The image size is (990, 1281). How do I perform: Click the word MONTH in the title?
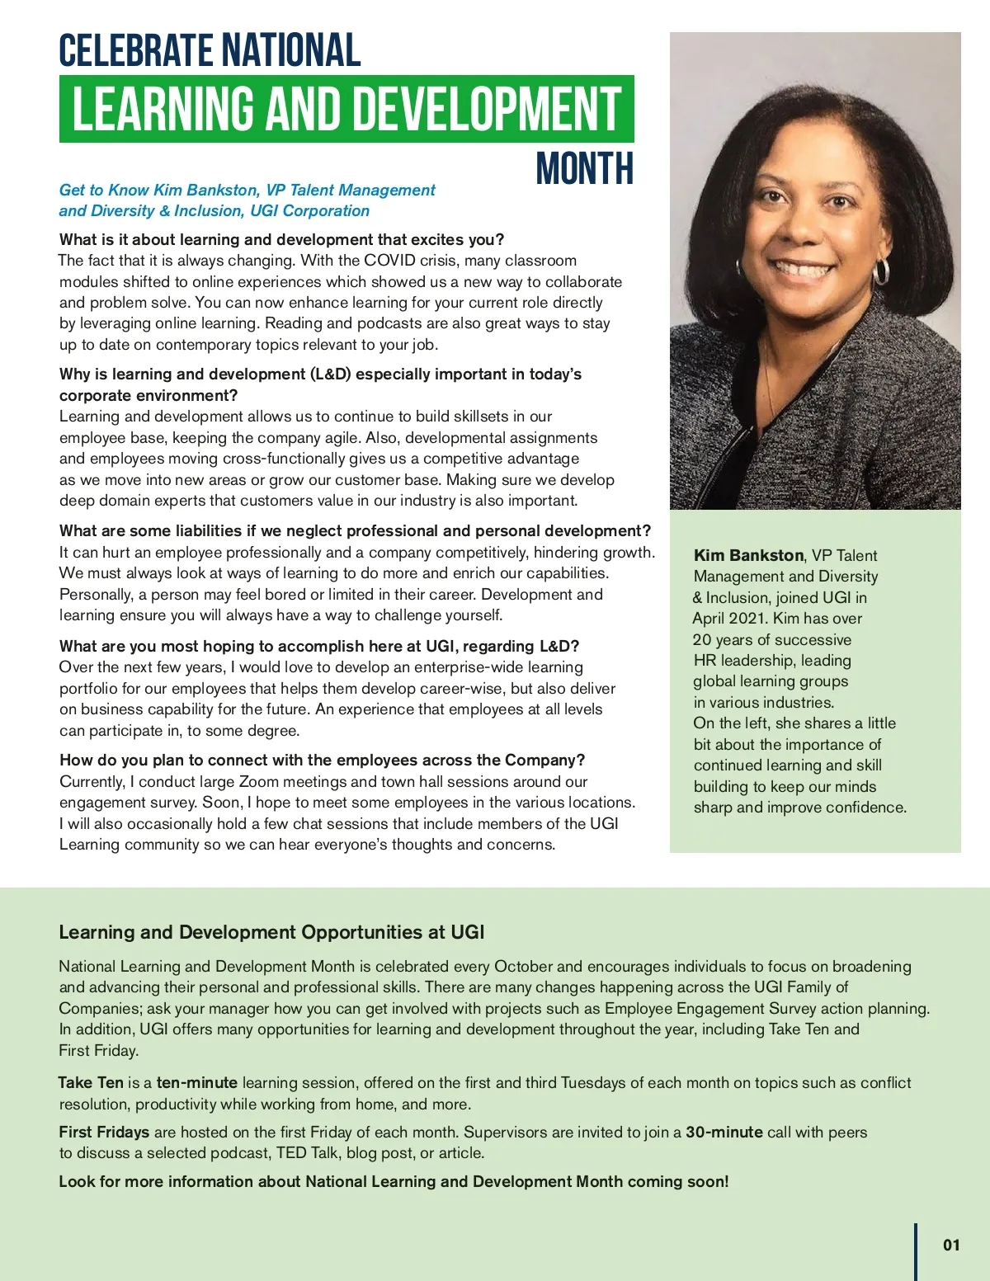click(584, 169)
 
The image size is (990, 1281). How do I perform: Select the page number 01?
click(951, 1245)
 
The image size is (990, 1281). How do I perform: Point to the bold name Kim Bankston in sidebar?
click(748, 555)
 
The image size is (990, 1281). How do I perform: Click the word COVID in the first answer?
click(389, 261)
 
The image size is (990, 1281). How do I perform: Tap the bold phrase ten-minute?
click(196, 1082)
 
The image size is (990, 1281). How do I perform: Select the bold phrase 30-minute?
click(724, 1132)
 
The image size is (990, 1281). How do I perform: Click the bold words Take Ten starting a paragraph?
click(91, 1082)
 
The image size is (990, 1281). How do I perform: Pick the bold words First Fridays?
click(104, 1132)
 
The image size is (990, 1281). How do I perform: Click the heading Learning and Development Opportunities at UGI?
click(271, 932)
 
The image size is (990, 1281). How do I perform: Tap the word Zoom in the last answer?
click(259, 781)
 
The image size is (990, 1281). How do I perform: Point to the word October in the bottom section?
click(523, 966)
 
